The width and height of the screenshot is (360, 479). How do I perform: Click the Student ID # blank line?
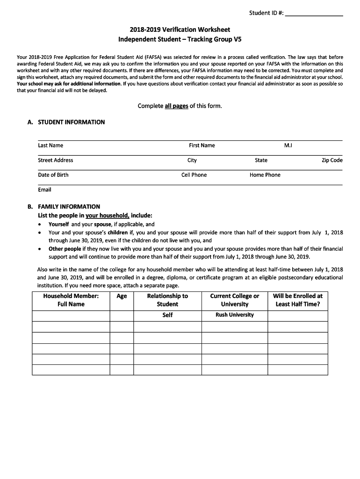(314, 14)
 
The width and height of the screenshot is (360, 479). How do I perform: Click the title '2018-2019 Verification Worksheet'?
(180, 29)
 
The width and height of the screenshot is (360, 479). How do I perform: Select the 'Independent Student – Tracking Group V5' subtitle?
(180, 39)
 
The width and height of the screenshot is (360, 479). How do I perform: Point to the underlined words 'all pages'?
(176, 106)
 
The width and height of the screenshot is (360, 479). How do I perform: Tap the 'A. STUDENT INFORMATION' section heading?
(66, 122)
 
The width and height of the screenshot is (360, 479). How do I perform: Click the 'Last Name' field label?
(50, 145)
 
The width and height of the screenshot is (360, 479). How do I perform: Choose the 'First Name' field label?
(202, 145)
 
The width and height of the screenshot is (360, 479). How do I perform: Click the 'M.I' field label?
(288, 145)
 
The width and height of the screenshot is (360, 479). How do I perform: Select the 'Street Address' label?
(56, 160)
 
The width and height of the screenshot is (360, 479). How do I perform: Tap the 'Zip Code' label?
(332, 160)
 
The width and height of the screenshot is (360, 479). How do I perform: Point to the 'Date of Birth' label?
(53, 175)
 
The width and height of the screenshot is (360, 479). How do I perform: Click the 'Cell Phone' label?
(194, 175)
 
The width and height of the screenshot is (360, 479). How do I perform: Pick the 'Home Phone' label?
(265, 175)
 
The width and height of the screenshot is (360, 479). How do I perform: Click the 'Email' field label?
(45, 189)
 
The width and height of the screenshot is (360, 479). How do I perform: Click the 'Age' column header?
(122, 296)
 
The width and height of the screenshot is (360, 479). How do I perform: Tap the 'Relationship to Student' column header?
(167, 300)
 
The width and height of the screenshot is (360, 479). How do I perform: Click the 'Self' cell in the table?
(167, 315)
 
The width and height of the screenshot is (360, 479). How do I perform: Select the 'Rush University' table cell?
(235, 315)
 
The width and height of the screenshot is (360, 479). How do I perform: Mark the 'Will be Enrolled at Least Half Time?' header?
(298, 300)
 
